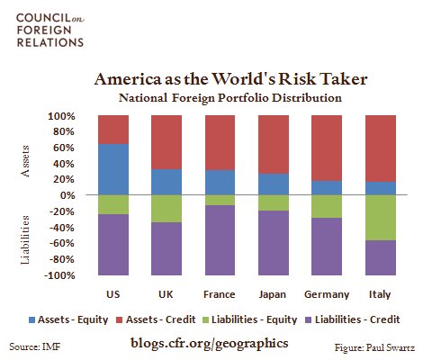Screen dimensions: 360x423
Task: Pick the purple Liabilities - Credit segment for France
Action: click(219, 239)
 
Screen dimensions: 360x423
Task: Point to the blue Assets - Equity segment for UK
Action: click(166, 182)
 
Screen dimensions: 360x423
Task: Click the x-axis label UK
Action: click(166, 294)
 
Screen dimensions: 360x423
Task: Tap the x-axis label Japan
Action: click(272, 294)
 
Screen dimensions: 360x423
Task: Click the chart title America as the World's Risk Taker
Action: click(211, 79)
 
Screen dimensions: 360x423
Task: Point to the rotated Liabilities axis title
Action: click(28, 238)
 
